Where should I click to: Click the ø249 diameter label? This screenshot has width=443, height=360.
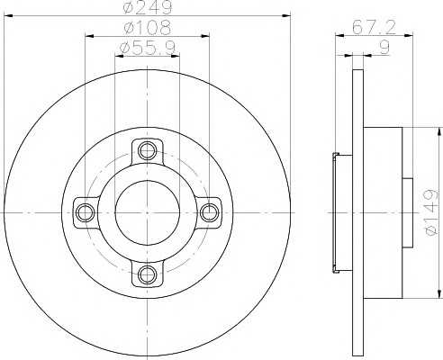point(148,7)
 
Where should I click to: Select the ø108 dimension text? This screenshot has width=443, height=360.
point(147,27)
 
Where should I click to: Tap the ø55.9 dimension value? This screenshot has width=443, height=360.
point(148,48)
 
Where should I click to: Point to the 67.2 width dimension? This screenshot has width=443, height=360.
point(374,28)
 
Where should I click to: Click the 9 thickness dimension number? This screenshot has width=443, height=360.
point(384,48)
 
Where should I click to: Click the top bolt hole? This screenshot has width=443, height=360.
point(147,150)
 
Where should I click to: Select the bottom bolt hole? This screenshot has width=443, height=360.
point(147,274)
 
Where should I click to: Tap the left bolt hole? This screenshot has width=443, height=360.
point(86,212)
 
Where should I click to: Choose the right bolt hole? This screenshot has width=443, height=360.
point(209,212)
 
